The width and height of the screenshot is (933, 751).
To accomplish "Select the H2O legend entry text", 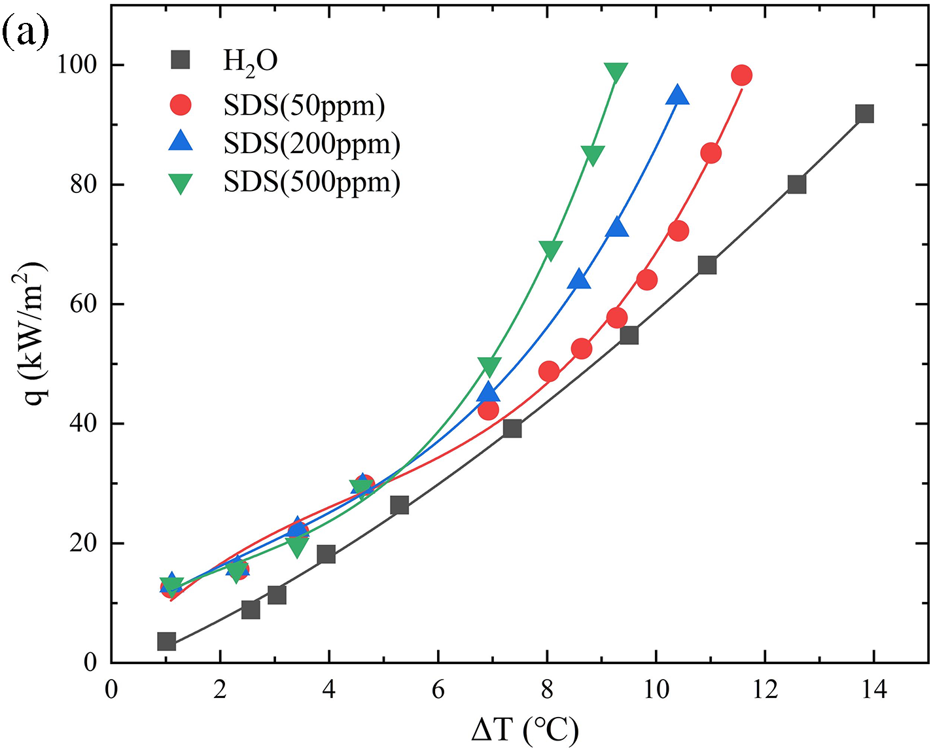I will pyautogui.click(x=251, y=61).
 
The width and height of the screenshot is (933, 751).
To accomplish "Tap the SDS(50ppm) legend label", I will pyautogui.click(x=304, y=105).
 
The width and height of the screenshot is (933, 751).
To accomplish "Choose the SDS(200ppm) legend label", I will pyautogui.click(x=311, y=143).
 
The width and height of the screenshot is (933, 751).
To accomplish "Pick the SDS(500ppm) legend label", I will pyautogui.click(x=311, y=181).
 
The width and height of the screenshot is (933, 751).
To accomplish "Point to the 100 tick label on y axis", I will pyautogui.click(x=77, y=65).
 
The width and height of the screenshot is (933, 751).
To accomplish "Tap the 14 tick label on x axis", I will pyautogui.click(x=873, y=690).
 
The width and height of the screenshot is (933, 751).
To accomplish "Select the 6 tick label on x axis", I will pyautogui.click(x=438, y=690).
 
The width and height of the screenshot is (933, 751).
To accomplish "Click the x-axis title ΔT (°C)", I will pyautogui.click(x=525, y=729).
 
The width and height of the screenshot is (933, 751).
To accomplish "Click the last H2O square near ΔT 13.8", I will pyautogui.click(x=864, y=114).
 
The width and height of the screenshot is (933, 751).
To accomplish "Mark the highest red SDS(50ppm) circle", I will pyautogui.click(x=741, y=75).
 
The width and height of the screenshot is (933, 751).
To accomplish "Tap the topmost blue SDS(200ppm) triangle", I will pyautogui.click(x=678, y=96).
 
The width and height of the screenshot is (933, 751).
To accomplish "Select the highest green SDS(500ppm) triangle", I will pyautogui.click(x=616, y=72).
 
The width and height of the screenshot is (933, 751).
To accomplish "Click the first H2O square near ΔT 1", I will pyautogui.click(x=166, y=641).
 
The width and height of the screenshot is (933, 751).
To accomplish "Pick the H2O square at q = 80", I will pyautogui.click(x=796, y=184).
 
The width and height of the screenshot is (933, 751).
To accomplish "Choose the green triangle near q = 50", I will pyautogui.click(x=489, y=366).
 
